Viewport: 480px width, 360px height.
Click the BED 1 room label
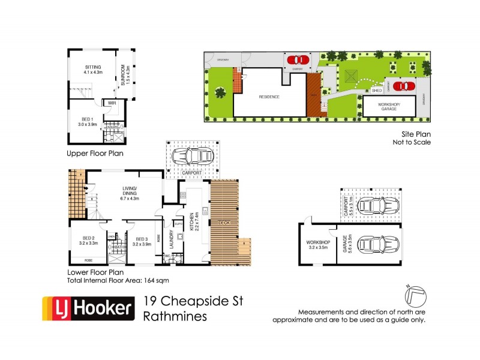coord(87,121)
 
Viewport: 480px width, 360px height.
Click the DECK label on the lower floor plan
coord(224,223)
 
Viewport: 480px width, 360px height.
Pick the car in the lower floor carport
coord(191,156)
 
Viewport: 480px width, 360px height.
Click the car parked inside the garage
coord(378,245)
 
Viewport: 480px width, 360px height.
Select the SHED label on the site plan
coord(377,91)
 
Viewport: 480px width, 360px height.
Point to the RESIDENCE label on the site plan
coord(269,97)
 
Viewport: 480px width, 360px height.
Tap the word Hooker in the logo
coord(103,309)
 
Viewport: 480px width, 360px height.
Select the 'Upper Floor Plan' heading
coord(95,154)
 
